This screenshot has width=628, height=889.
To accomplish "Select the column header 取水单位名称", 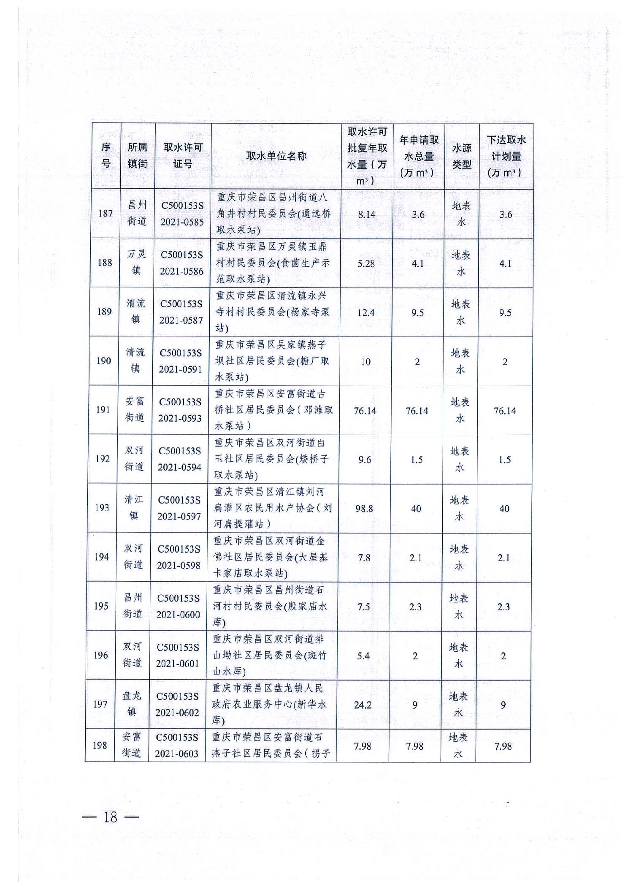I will pyautogui.click(x=276, y=156).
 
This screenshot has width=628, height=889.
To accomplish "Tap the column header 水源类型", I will pyautogui.click(x=461, y=156).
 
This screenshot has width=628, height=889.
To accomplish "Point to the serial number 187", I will pyautogui.click(x=106, y=214).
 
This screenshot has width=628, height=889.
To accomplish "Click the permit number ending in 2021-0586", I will pyautogui.click(x=181, y=263).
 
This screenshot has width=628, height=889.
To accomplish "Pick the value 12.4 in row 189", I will pyautogui.click(x=365, y=313).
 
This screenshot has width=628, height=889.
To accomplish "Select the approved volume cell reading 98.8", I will pyautogui.click(x=364, y=509).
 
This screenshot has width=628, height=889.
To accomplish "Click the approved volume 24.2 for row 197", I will pyautogui.click(x=363, y=705).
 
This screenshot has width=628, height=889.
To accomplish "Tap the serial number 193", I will pyautogui.click(x=102, y=508).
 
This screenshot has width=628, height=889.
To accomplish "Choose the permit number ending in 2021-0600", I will pyautogui.click(x=178, y=606).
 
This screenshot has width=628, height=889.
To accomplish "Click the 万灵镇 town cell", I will pyautogui.click(x=136, y=262).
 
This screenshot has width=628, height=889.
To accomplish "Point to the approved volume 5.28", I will pyautogui.click(x=366, y=264).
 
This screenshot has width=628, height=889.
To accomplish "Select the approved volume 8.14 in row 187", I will pyautogui.click(x=366, y=214).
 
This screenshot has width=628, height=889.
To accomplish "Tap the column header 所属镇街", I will pyautogui.click(x=138, y=156).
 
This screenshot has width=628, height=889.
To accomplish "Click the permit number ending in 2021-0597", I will pyautogui.click(x=179, y=508).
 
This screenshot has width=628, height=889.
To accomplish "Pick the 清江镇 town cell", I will pyautogui.click(x=133, y=508).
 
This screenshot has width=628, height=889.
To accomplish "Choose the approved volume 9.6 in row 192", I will pyautogui.click(x=364, y=460).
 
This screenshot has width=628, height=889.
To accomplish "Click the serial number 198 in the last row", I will pyautogui.click(x=100, y=745).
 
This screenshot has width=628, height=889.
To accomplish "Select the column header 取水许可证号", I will pyautogui.click(x=183, y=156).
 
